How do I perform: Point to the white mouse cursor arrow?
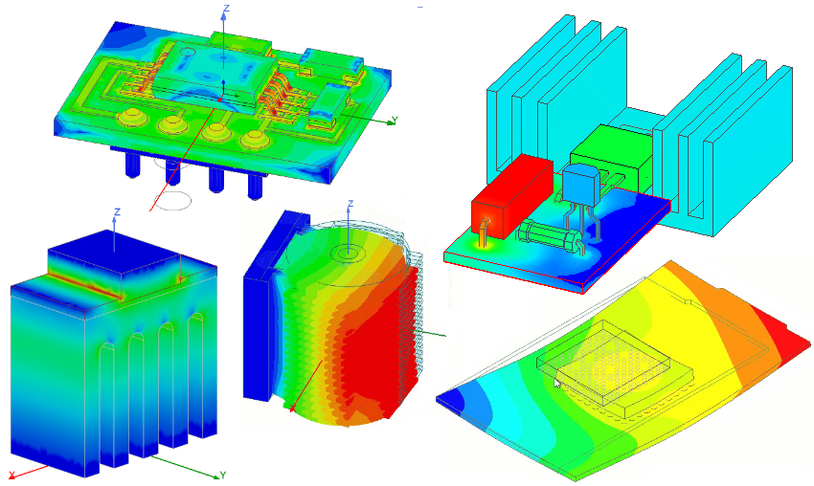[557, 382]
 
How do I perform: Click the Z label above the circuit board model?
[225, 9]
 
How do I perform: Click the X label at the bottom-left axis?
[11, 475]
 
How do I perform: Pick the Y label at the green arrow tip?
[222, 475]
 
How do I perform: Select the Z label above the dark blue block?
[116, 210]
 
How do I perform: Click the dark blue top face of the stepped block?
[115, 253]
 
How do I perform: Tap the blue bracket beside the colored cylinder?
[263, 306]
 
